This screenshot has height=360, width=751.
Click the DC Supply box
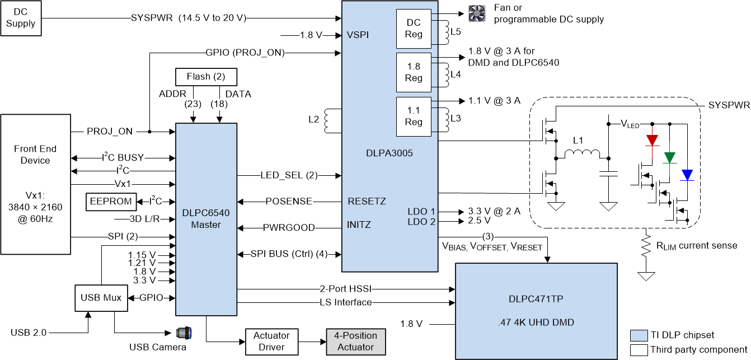click(20, 18)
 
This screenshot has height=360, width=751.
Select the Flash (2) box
click(206, 77)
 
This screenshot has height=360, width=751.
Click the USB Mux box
click(98, 298)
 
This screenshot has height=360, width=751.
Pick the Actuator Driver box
click(271, 342)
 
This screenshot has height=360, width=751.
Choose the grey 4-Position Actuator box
click(355, 342)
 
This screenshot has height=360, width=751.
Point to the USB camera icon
click(184, 333)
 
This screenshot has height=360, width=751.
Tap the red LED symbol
click(651, 140)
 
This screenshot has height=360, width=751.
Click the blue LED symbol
click(687, 175)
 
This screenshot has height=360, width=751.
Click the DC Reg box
click(414, 29)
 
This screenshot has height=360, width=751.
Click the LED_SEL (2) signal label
click(289, 175)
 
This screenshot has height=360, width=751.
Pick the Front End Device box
click(35, 183)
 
